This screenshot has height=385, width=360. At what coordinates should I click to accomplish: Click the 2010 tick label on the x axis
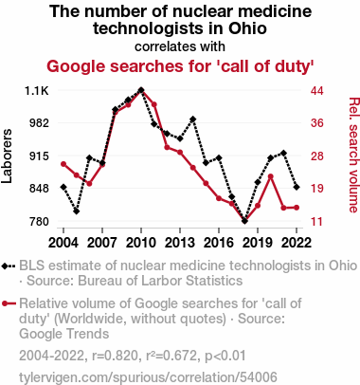click(x=141, y=243)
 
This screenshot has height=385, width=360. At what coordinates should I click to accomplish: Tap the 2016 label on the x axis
click(x=219, y=243)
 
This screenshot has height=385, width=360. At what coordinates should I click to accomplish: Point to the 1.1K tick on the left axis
click(x=37, y=91)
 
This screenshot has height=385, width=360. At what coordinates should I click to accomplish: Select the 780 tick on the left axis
click(x=40, y=221)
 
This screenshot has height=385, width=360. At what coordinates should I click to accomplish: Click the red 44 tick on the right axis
click(x=317, y=91)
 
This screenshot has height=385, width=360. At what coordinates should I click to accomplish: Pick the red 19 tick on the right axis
click(x=317, y=189)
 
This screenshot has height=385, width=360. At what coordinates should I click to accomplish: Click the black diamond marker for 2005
click(x=77, y=211)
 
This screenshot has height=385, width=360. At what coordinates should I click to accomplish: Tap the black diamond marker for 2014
click(x=193, y=119)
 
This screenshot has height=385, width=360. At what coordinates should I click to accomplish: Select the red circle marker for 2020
click(x=271, y=176)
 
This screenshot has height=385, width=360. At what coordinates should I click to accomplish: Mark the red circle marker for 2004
click(x=63, y=164)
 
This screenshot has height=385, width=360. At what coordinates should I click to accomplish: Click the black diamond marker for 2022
click(x=297, y=187)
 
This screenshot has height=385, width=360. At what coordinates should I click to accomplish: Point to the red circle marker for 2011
click(x=154, y=104)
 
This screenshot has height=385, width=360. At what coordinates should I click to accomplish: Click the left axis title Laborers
click(x=7, y=156)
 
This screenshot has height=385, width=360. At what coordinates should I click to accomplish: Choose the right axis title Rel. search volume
click(x=353, y=155)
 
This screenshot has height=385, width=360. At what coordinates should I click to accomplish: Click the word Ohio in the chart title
click(x=247, y=28)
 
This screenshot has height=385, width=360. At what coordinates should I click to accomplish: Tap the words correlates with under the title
click(x=180, y=46)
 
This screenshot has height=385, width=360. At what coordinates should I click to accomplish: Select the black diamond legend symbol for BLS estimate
click(x=9, y=266)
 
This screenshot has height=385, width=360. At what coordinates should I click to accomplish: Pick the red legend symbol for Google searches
click(x=9, y=303)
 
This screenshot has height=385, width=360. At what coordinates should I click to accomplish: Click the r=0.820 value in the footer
click(x=116, y=356)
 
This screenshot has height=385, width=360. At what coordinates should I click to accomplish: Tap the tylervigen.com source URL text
click(x=148, y=377)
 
